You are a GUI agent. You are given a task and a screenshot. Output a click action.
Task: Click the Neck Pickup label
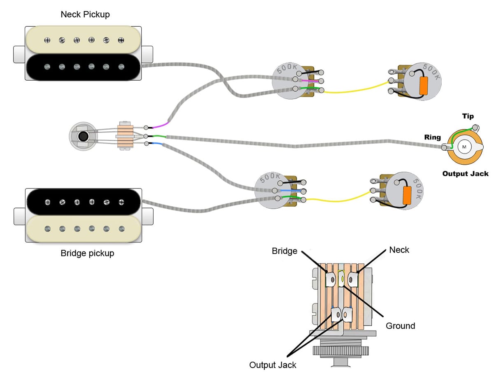(85, 14)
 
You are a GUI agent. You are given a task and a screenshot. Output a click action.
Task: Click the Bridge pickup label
(87, 253)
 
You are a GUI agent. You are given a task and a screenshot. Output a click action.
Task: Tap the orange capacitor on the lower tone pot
(407, 194)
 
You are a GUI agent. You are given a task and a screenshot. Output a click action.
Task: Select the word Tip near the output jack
(468, 116)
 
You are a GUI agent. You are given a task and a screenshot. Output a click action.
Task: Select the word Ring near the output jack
(433, 137)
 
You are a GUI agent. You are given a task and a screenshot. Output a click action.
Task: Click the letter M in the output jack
(464, 147)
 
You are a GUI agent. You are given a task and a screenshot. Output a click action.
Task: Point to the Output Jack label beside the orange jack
(465, 174)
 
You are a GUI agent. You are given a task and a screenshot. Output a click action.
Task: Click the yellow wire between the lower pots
(338, 199)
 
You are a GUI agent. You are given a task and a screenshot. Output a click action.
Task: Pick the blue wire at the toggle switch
(157, 144)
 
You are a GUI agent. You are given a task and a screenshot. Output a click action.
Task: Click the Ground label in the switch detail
(400, 326)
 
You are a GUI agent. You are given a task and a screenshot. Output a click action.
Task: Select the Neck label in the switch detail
(399, 249)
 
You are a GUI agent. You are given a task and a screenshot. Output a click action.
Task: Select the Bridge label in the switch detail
(284, 251)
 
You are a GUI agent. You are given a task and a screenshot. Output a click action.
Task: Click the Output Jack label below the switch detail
(273, 365)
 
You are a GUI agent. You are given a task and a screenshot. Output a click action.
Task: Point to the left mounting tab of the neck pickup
(19, 54)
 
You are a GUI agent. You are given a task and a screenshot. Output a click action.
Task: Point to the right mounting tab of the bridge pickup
(148, 217)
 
